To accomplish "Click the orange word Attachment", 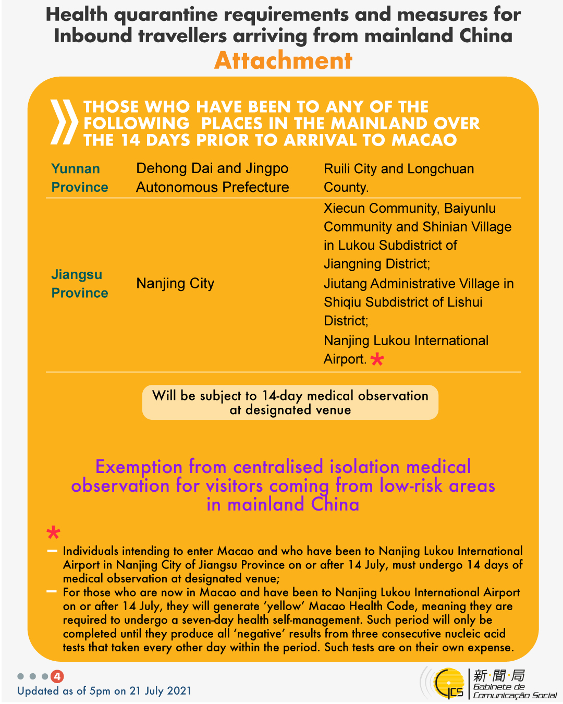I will tap(283, 60).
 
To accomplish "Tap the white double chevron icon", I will tap(64, 122).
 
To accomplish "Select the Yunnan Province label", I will tap(79, 178).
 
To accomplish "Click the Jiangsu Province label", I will tap(79, 284).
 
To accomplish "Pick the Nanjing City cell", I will tap(175, 284).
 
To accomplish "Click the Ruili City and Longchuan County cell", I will tap(399, 178).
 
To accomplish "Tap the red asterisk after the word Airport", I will tap(377, 359).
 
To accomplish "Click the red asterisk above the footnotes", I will tap(53, 532).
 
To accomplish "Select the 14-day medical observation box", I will tap(290, 402).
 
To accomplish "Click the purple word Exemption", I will tap(139, 466).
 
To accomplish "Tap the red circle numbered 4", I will tap(57, 676).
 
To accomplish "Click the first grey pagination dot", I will tap(21, 676).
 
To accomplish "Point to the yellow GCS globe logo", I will tap(449, 683).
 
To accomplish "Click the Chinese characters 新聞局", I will tap(499, 675).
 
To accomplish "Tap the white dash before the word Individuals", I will tap(52, 551).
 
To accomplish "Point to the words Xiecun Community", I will tap(381, 208).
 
